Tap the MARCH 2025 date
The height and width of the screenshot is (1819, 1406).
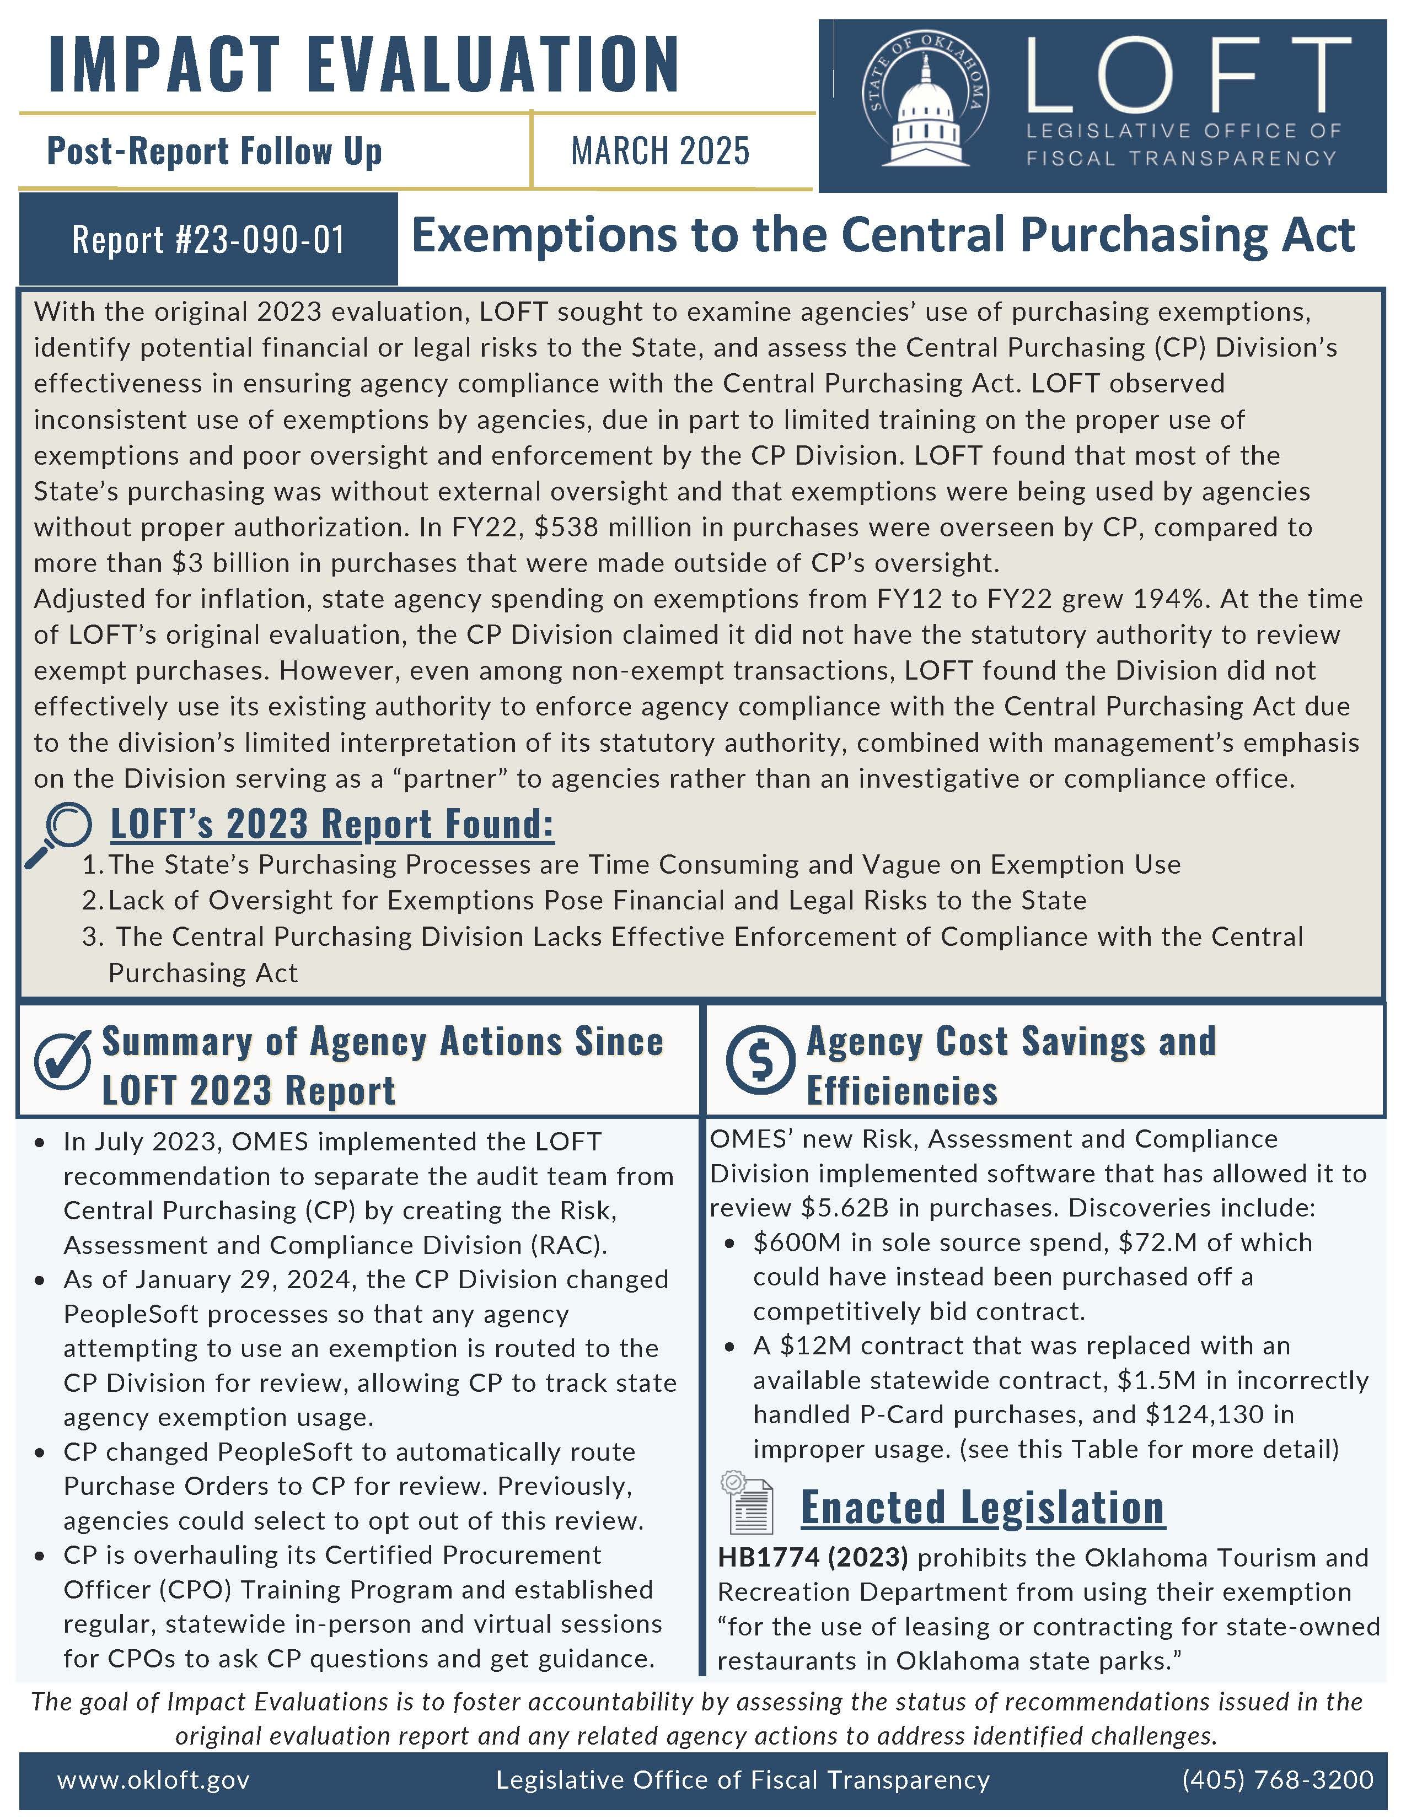(659, 150)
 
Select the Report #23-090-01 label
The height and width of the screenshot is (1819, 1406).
(208, 240)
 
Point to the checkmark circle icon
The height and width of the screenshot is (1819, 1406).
(62, 1060)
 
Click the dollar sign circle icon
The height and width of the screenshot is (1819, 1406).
(760, 1060)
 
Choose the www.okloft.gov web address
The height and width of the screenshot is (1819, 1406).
(153, 1780)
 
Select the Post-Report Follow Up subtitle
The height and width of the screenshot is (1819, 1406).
(215, 152)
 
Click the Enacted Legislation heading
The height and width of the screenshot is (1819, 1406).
(982, 1508)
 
